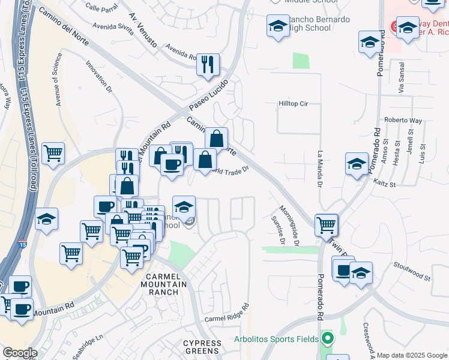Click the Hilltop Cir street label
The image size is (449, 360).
(293, 104)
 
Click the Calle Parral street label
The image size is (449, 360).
(100, 8)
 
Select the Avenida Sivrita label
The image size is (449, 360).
(112, 27)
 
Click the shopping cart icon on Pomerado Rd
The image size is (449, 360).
(326, 226)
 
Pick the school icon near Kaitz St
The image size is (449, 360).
(357, 164)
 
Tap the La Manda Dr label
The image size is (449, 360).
(320, 167)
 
